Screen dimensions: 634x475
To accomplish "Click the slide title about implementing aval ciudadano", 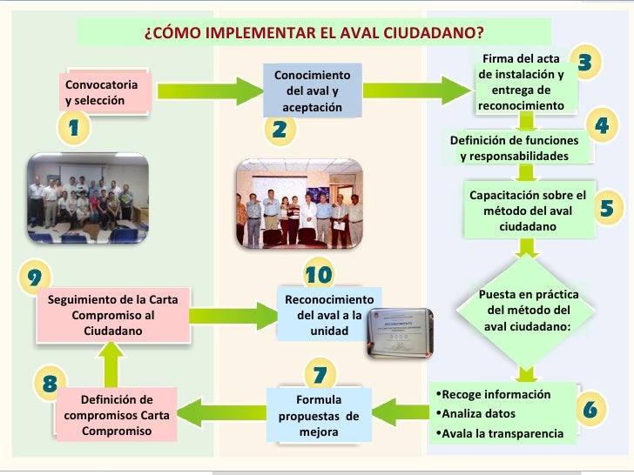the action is [314, 33].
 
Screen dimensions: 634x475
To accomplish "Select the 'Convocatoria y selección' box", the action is [107, 92].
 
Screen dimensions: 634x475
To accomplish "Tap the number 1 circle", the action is [75, 129].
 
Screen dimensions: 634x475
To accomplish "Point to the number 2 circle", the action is [280, 130].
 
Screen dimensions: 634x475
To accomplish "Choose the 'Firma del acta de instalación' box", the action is [521, 83].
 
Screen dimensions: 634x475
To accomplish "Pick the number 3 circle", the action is [585, 62].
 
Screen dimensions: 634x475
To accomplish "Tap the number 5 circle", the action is [607, 209].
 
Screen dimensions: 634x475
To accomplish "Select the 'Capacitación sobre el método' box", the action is [527, 211].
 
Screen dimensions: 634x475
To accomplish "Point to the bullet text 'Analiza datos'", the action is [476, 413].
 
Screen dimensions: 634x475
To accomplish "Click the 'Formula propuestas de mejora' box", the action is [318, 416].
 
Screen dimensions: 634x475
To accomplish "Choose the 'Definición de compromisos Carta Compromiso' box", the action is [116, 416].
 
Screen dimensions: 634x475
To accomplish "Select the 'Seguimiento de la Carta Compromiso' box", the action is [113, 315].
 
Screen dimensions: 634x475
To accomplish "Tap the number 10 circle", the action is [319, 275].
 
